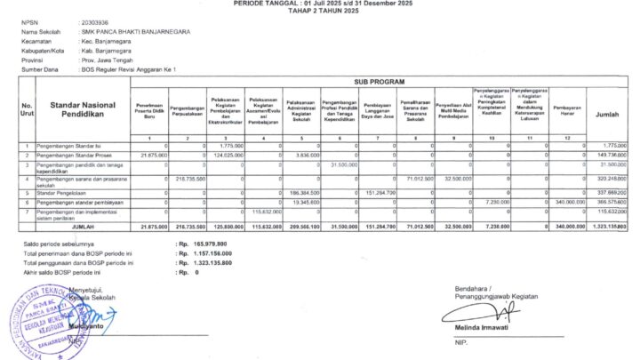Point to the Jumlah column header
(x=608, y=115)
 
